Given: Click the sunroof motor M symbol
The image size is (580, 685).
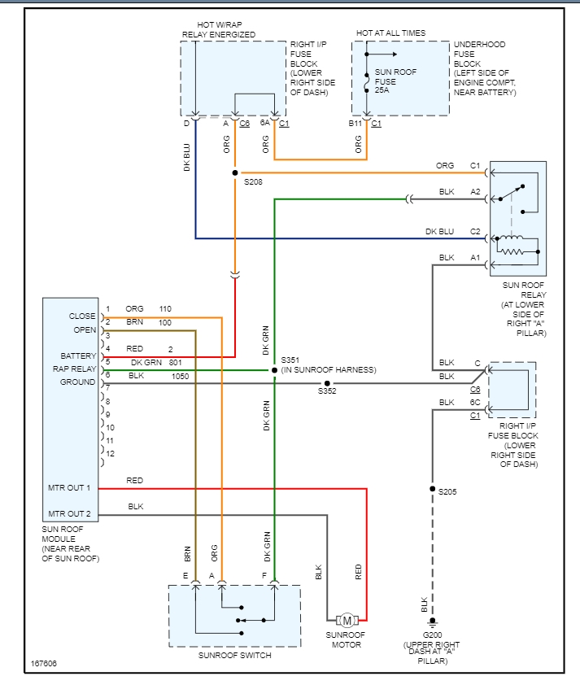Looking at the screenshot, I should [x=347, y=621].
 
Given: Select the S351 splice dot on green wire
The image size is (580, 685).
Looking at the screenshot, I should [x=275, y=369].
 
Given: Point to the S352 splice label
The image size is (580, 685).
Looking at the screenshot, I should [x=327, y=391].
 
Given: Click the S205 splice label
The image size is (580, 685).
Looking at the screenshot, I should [x=447, y=491].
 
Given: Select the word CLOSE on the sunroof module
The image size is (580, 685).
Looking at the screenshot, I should [x=83, y=316].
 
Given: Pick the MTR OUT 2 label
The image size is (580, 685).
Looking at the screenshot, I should [x=69, y=513].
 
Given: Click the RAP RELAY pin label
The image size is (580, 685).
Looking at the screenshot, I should [x=72, y=369].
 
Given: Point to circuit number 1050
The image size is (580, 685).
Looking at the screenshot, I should [x=181, y=376].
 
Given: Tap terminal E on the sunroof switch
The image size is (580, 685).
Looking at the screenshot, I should [x=185, y=576].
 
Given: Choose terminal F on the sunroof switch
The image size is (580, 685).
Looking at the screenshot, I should [x=264, y=576].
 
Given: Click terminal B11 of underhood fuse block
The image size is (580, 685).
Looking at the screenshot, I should [x=355, y=123].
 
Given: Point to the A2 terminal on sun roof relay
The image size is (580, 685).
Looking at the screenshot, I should [x=475, y=192].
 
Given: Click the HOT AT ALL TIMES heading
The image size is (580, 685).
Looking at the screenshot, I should [x=390, y=33].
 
